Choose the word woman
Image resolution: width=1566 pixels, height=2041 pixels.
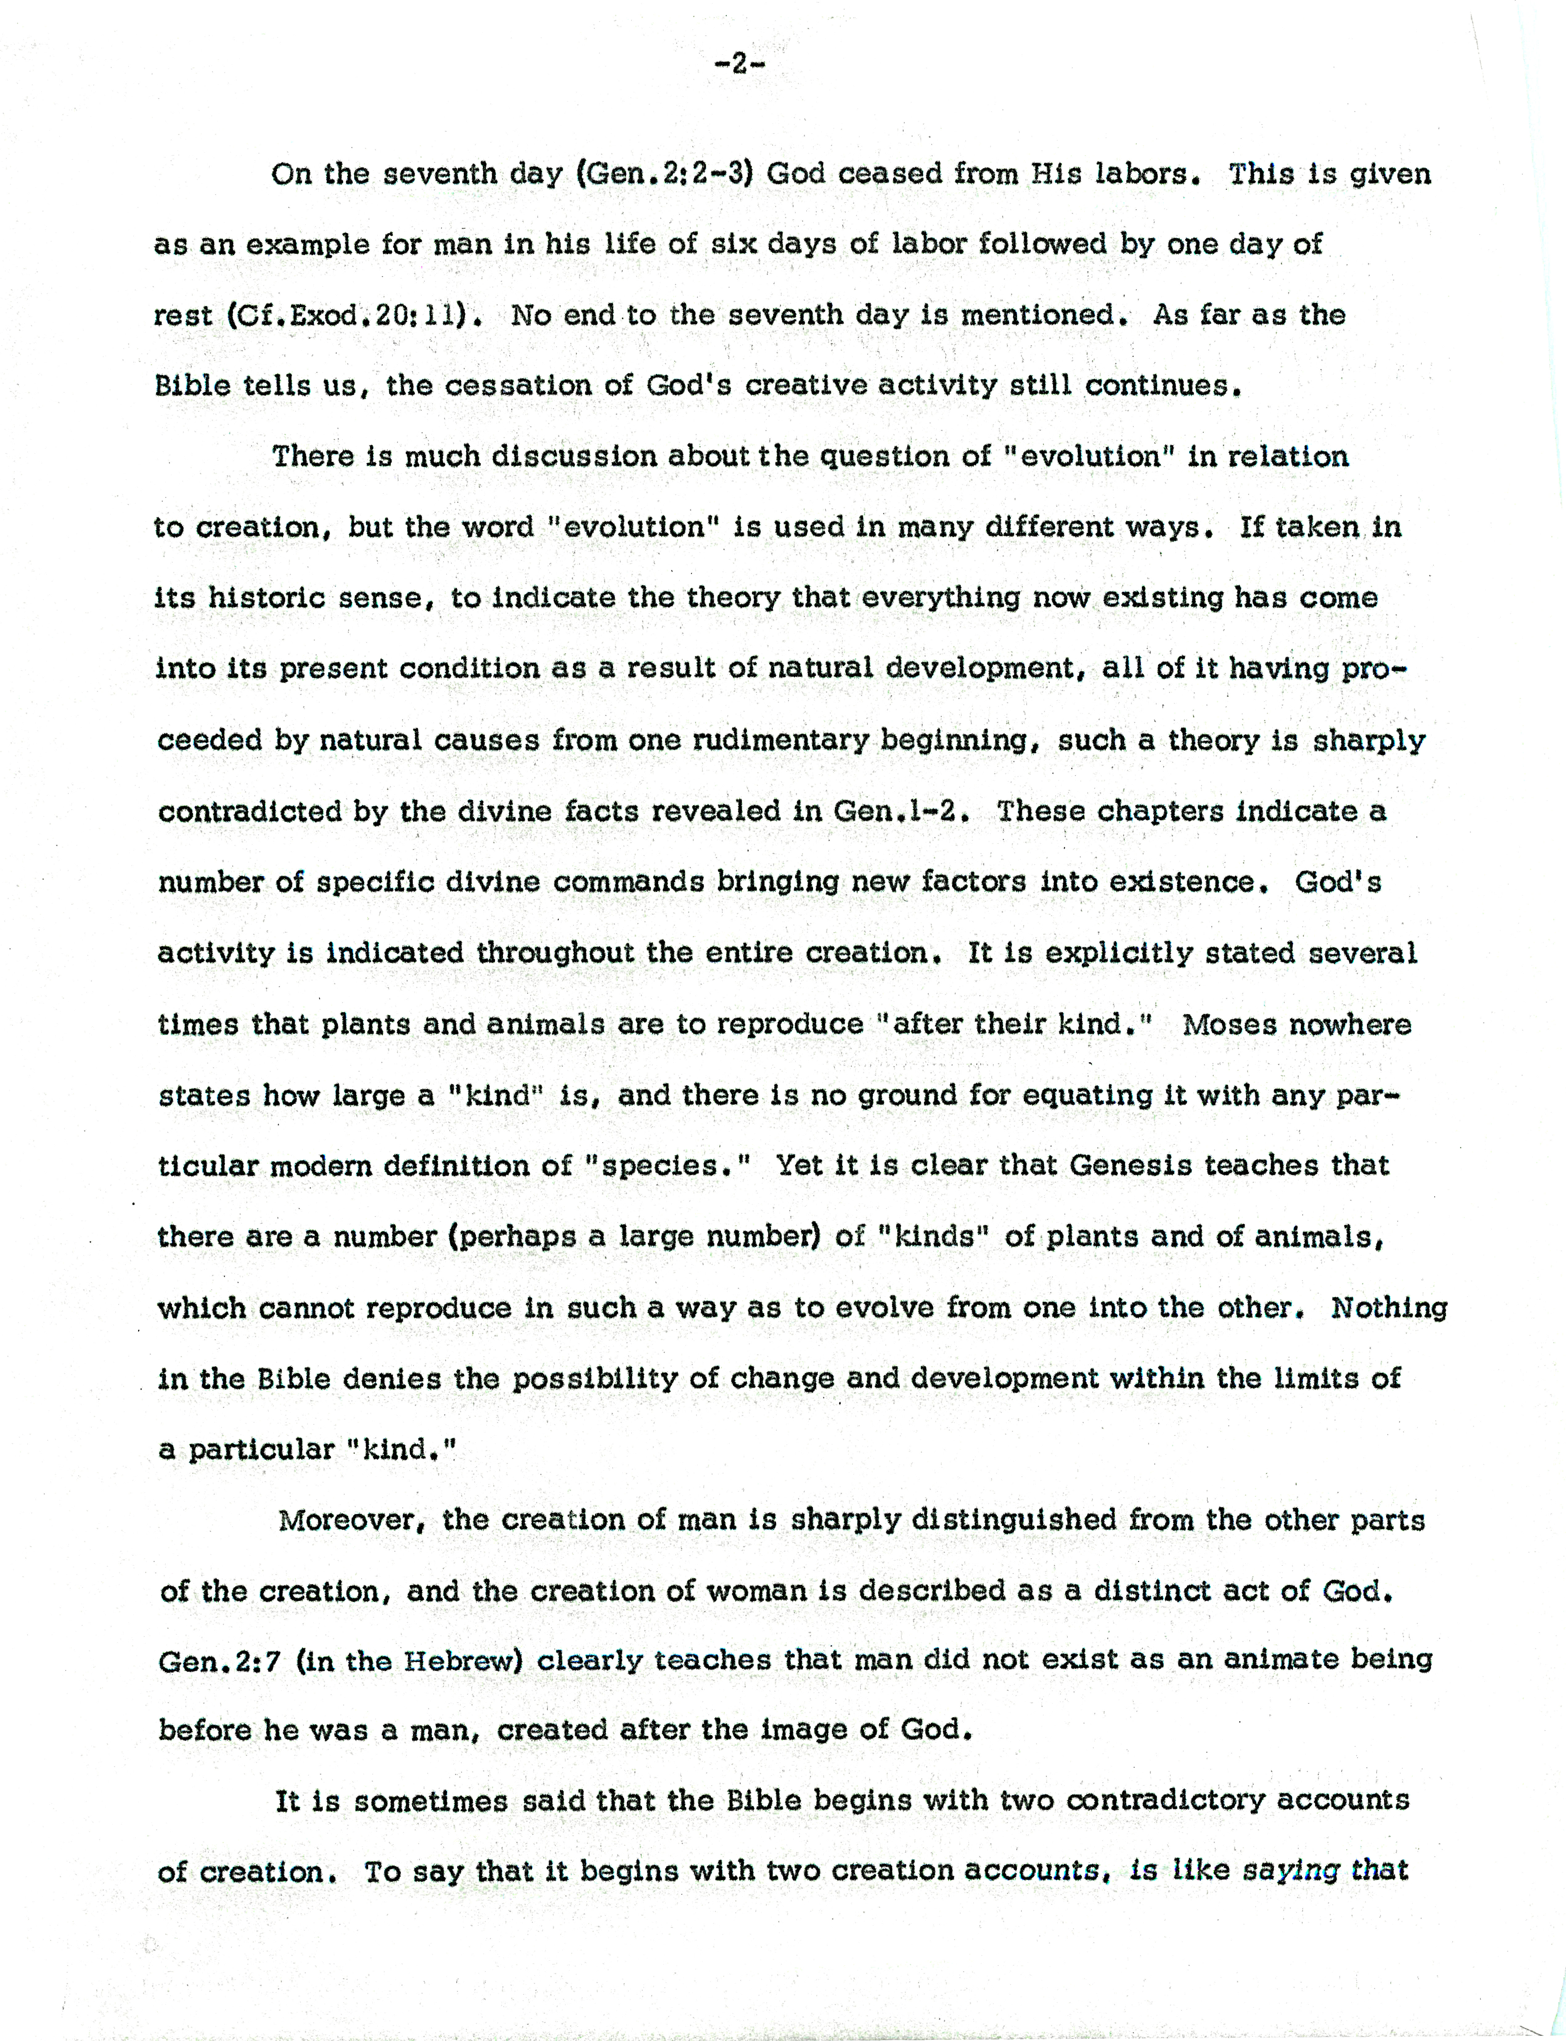pyautogui.click(x=756, y=1591)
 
